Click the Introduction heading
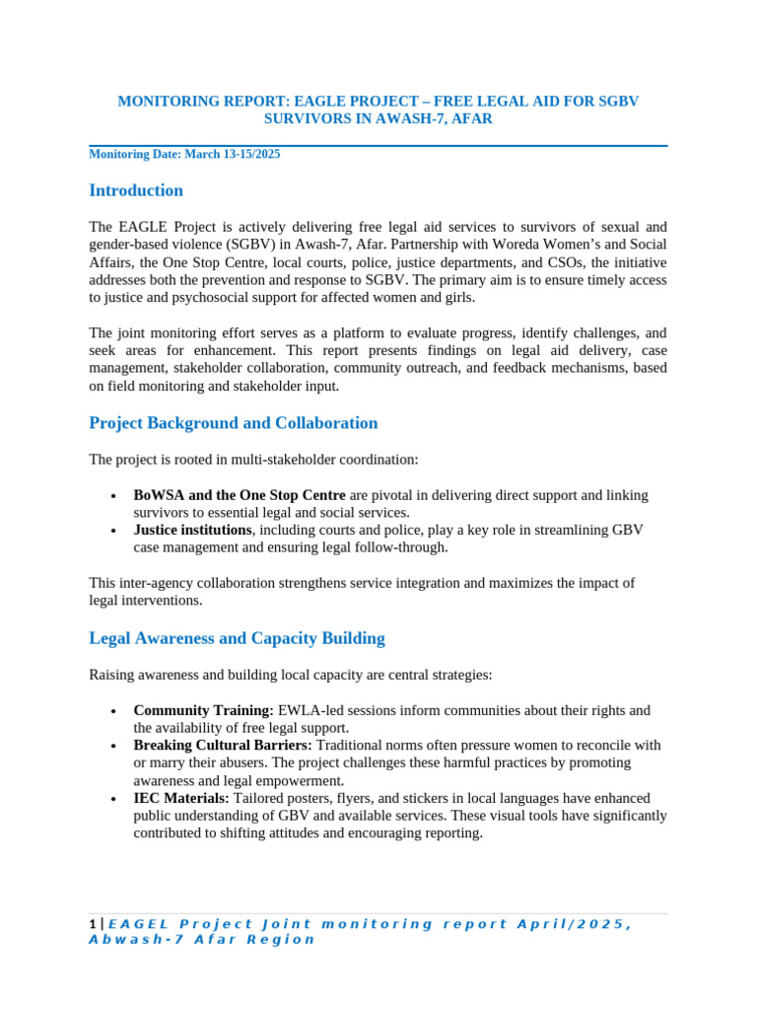(136, 190)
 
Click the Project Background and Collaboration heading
(234, 423)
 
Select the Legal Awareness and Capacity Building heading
(237, 638)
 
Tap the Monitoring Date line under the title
(190, 155)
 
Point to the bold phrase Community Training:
(204, 710)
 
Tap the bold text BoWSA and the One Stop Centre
(240, 495)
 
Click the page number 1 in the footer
(93, 924)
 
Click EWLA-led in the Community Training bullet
(309, 710)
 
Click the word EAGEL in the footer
(135, 924)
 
